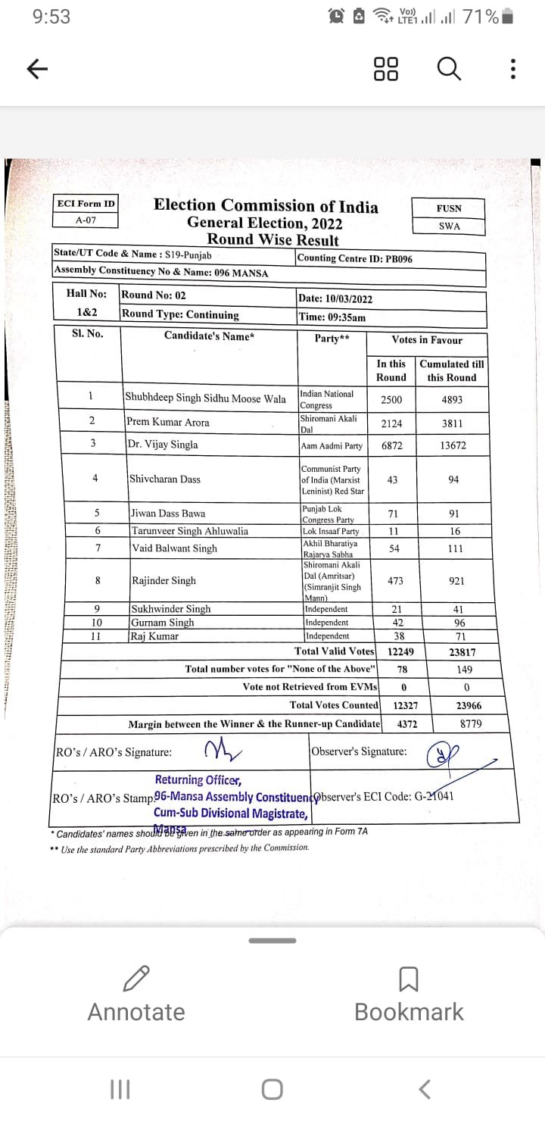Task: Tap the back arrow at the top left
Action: (x=37, y=69)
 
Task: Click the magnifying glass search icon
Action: (x=449, y=69)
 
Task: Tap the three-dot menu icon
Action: (x=513, y=69)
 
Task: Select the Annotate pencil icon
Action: (x=136, y=979)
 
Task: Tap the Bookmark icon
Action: (x=409, y=979)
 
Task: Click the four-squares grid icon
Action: (x=386, y=69)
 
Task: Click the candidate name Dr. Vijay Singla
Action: (x=163, y=445)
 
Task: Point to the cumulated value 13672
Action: (x=453, y=445)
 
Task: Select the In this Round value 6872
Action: (x=391, y=445)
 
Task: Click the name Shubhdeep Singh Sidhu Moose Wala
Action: (x=206, y=398)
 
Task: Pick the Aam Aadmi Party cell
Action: (x=332, y=446)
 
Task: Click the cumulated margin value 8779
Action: (x=471, y=723)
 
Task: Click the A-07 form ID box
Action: (x=86, y=220)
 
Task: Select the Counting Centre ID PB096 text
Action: (x=355, y=258)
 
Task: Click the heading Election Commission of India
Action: (x=266, y=205)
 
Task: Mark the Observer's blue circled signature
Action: (x=438, y=752)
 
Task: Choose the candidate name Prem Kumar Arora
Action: (x=169, y=422)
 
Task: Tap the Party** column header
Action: (x=332, y=339)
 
